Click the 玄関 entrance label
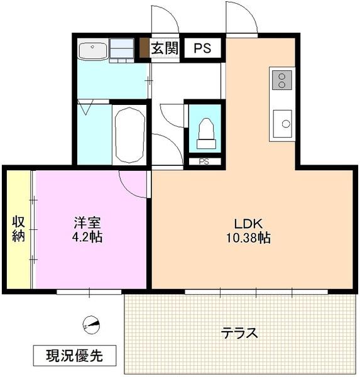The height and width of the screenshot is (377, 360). (x=165, y=49)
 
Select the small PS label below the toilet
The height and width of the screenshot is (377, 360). (x=204, y=161)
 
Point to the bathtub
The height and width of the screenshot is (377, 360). (x=130, y=134)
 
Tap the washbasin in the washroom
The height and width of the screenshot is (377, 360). (x=93, y=49)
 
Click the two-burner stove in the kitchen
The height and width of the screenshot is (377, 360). (x=281, y=80)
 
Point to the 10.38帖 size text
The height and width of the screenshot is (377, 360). (x=249, y=239)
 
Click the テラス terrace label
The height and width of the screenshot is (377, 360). (x=239, y=333)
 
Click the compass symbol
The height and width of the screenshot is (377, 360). (x=92, y=325)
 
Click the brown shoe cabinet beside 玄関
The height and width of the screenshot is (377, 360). (x=144, y=49)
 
